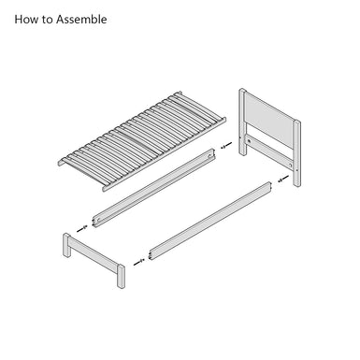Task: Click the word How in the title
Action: (x=26, y=20)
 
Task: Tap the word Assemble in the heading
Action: (x=81, y=20)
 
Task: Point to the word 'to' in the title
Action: (x=47, y=20)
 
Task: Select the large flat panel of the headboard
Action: (x=269, y=119)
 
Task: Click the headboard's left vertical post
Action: (x=242, y=122)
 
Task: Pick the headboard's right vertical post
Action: (x=297, y=153)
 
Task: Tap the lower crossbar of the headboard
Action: (x=269, y=152)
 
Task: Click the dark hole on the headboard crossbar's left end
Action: (x=249, y=141)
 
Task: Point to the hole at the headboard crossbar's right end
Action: (x=290, y=165)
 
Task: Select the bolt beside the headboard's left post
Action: (x=226, y=145)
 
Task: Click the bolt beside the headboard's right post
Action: (x=282, y=179)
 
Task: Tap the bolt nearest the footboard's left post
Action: (x=82, y=228)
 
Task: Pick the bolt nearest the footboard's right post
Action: (x=139, y=263)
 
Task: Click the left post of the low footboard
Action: (x=66, y=245)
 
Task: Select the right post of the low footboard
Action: (x=122, y=277)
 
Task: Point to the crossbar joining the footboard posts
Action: (x=94, y=254)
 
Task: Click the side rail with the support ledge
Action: (x=154, y=188)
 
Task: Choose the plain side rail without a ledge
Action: (x=211, y=221)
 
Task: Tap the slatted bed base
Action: (x=142, y=141)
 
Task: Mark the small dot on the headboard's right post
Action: (x=297, y=170)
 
